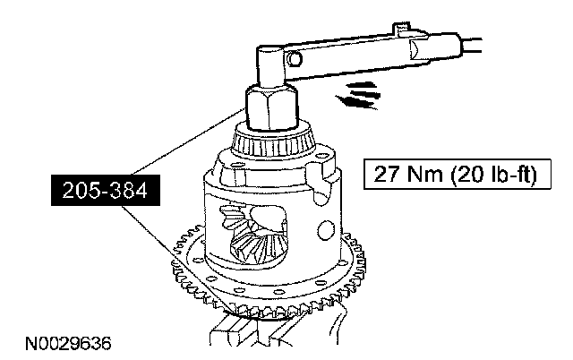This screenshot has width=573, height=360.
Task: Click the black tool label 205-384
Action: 106,190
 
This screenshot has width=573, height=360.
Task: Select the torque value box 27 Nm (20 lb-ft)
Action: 458,174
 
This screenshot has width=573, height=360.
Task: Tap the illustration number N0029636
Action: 68,344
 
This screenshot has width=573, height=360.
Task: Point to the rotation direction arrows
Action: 358,96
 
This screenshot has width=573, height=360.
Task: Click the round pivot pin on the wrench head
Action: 295,58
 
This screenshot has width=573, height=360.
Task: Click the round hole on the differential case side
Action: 326,230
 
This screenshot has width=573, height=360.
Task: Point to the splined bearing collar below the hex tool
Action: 273,142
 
